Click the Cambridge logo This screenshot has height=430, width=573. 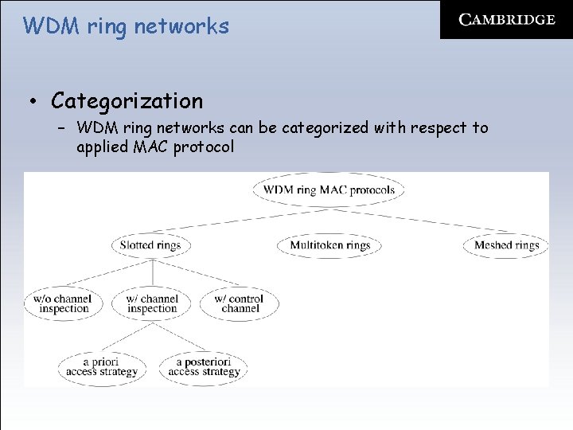click(x=507, y=20)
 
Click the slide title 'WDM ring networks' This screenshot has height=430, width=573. click(x=126, y=26)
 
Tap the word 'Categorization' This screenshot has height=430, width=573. click(x=127, y=101)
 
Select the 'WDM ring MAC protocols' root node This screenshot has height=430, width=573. click(x=329, y=190)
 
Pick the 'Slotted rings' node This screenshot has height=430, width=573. click(x=150, y=245)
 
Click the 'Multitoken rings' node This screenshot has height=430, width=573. click(x=329, y=245)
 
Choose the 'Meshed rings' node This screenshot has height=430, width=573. click(x=506, y=245)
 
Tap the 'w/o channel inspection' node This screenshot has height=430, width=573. click(x=63, y=304)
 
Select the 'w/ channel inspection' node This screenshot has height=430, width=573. click(x=151, y=304)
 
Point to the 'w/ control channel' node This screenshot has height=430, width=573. click(x=240, y=304)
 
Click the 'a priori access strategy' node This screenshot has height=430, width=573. click(x=101, y=367)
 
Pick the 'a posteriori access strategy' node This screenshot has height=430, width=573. click(x=204, y=367)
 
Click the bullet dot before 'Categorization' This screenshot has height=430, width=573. click(x=33, y=102)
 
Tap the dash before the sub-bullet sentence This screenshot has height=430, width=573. click(x=61, y=127)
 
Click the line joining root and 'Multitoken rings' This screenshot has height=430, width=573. click(x=329, y=219)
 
